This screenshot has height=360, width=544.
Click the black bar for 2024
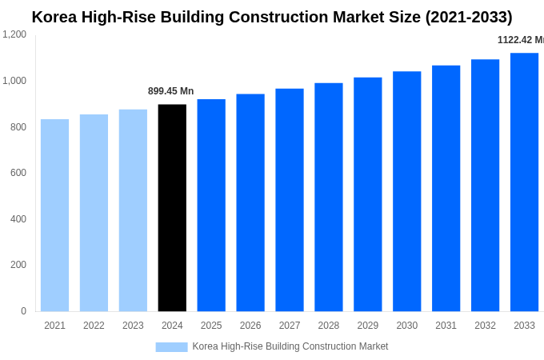pyautogui.click(x=172, y=208)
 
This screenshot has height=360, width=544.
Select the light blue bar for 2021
pyautogui.click(x=54, y=215)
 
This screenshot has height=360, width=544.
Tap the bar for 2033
pyautogui.click(x=524, y=182)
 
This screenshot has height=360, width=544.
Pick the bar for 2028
pyautogui.click(x=328, y=198)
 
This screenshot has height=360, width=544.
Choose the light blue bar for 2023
pyautogui.click(x=133, y=210)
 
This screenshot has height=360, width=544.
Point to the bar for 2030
pyautogui.click(x=406, y=191)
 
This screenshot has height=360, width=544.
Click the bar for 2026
pyautogui.click(x=250, y=202)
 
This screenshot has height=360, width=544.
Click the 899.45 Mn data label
pyautogui.click(x=170, y=91)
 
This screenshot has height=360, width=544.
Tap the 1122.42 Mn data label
pyautogui.click(x=520, y=40)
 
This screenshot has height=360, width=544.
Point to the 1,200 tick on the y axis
pyautogui.click(x=14, y=34)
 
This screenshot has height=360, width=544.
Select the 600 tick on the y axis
pyautogui.click(x=18, y=173)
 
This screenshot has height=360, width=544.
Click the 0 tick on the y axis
pyautogui.click(x=23, y=311)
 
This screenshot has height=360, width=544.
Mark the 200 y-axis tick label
pyautogui.click(x=18, y=265)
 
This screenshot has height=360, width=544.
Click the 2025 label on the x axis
pyautogui.click(x=211, y=326)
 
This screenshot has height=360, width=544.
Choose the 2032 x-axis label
pyautogui.click(x=485, y=326)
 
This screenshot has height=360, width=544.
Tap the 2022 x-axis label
pyautogui.click(x=94, y=326)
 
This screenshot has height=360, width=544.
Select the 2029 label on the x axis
pyautogui.click(x=367, y=326)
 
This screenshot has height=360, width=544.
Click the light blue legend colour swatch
pyautogui.click(x=171, y=347)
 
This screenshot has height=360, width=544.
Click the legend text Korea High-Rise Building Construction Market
pyautogui.click(x=290, y=346)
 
